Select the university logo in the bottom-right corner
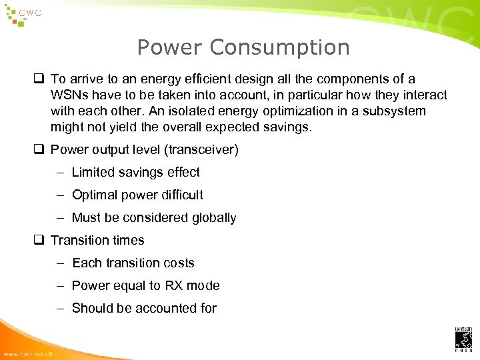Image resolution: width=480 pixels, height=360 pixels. (463, 338)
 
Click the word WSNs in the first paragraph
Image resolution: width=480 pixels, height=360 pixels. (69, 95)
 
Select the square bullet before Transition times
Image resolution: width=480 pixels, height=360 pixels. (41, 240)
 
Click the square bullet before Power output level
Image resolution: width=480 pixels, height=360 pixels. (41, 149)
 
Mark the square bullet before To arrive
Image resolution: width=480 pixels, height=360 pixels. (41, 79)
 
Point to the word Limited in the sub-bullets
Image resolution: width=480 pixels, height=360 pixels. (93, 172)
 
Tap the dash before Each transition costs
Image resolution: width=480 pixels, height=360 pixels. (60, 263)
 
